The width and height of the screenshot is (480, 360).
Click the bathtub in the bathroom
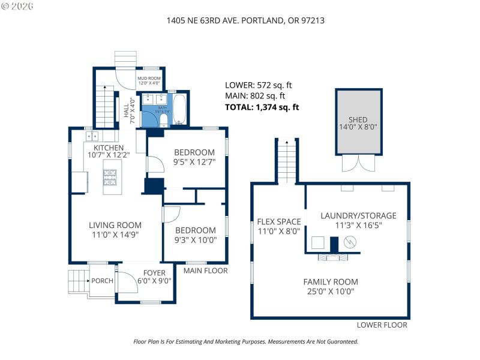pyautogui.click(x=180, y=109)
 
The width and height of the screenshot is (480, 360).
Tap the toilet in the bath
pyautogui.click(x=163, y=121)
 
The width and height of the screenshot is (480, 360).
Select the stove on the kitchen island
pyautogui.click(x=111, y=176)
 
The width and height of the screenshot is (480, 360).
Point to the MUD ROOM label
pyautogui.click(x=149, y=79)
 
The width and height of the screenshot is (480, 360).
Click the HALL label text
pyautogui.click(x=126, y=112)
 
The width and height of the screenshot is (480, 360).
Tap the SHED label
pyautogui.click(x=358, y=119)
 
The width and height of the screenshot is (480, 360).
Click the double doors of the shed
pyautogui.click(x=352, y=163)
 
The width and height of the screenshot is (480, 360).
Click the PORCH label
pyautogui.click(x=102, y=281)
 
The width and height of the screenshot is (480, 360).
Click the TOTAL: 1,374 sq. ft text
pyautogui.click(x=262, y=107)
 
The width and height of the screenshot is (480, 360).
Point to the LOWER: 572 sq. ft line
pyautogui.click(x=258, y=85)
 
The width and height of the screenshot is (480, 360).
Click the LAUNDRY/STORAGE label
pyautogui.click(x=358, y=215)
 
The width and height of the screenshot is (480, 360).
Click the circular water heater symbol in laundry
pyautogui.click(x=350, y=242)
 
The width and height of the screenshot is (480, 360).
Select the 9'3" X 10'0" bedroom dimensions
pyautogui.click(x=195, y=240)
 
